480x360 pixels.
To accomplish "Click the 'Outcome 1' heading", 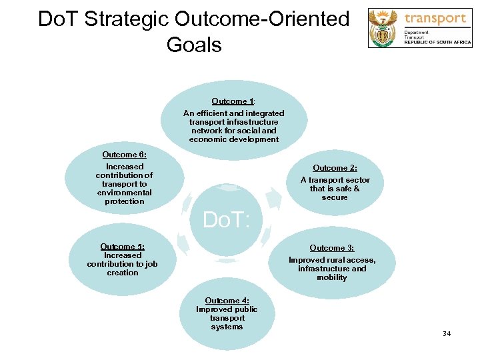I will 233,101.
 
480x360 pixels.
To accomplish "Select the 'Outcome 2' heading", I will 335,168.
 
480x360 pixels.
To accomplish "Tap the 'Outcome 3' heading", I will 331,248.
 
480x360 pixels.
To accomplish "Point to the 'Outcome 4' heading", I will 227,301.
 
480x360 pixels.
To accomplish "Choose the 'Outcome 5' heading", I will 122,247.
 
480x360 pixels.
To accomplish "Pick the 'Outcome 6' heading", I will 124,155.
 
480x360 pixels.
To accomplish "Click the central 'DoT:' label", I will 226,219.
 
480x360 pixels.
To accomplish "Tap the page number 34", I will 446,333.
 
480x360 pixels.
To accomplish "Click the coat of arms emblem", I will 384,27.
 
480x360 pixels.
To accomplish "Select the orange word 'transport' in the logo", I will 435,18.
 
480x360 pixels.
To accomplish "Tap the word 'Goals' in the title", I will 194,45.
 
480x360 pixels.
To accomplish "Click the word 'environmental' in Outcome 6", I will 124,193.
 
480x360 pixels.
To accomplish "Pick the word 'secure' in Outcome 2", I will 335,197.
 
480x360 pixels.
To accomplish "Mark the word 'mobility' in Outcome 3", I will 332,277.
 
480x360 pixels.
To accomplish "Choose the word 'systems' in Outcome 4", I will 227,327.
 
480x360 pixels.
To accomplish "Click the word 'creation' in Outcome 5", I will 123,273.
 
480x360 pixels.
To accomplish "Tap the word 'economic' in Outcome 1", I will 205,139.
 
